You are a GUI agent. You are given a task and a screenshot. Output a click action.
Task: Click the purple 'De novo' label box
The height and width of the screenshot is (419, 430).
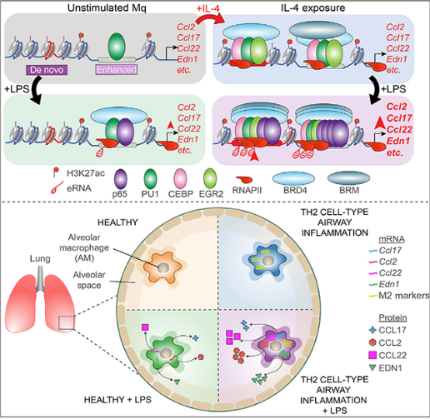[47, 70]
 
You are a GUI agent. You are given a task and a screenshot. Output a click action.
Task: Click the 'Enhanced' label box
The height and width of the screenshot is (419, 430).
[117, 69]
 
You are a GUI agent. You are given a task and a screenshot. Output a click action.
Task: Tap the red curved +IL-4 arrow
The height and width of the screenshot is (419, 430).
[210, 19]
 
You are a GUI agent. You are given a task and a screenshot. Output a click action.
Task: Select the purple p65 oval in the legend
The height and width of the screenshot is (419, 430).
[121, 179]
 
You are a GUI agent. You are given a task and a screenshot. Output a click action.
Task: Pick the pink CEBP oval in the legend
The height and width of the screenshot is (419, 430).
[180, 179]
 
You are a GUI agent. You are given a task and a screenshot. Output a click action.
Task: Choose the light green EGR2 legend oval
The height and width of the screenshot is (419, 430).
[210, 179]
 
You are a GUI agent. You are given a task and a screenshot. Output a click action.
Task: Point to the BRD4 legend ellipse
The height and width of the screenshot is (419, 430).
[293, 178]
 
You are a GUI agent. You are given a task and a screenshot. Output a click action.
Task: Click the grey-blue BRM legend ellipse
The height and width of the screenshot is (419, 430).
[348, 178]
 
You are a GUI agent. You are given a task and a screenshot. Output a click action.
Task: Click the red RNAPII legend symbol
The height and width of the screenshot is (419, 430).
[244, 180]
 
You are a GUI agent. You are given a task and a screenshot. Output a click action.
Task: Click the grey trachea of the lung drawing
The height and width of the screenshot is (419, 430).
[41, 279]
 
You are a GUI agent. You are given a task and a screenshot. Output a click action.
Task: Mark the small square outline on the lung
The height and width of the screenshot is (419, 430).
[67, 323]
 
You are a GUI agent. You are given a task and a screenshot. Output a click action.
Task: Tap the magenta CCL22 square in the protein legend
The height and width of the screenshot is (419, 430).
[372, 355]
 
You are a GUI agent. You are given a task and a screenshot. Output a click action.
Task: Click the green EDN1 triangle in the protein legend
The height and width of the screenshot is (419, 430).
[372, 367]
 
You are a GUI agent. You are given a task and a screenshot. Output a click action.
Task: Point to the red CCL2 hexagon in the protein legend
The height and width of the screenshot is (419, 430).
[372, 342]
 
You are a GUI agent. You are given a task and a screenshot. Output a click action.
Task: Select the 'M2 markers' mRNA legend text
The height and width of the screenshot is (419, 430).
[404, 296]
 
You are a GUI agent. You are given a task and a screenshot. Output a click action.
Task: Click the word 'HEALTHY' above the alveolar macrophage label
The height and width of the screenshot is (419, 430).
[117, 222]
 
